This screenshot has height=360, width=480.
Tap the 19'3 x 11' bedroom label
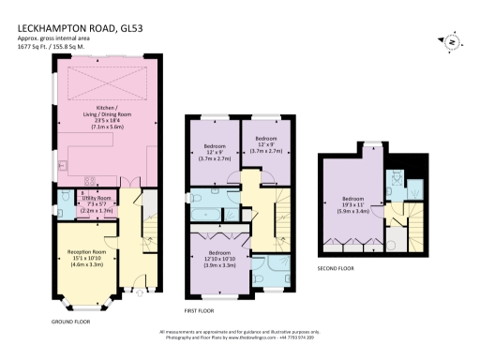[353, 204]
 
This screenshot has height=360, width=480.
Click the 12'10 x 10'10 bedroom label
[219, 258]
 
